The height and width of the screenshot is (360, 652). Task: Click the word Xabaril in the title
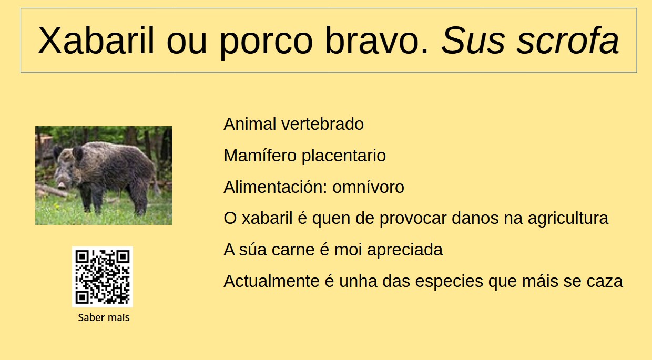(96, 40)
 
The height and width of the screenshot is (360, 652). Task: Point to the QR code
(103, 277)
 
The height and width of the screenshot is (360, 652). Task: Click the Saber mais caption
(104, 317)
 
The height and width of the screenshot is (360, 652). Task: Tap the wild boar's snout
(62, 184)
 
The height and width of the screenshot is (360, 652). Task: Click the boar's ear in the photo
(77, 153)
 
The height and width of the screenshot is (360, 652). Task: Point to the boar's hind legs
(139, 202)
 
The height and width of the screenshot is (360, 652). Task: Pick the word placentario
(343, 156)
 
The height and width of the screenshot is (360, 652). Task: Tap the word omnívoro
(368, 187)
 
